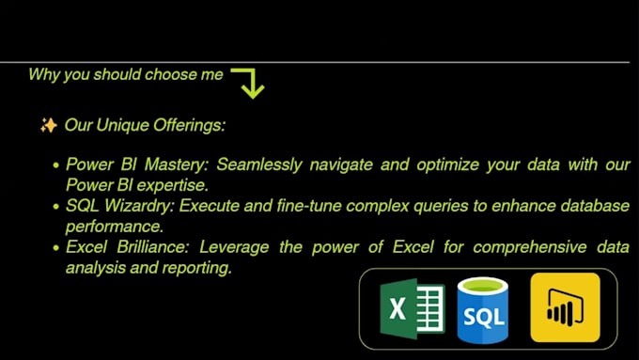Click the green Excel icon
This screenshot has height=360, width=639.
pyautogui.click(x=411, y=307)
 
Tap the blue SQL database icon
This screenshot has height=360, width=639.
pyautogui.click(x=482, y=308)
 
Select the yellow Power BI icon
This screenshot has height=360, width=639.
pyautogui.click(x=565, y=307)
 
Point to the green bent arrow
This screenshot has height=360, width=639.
pyautogui.click(x=248, y=82)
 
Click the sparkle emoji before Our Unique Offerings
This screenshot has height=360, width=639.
pyautogui.click(x=48, y=125)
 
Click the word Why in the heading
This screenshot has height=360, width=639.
pyautogui.click(x=44, y=74)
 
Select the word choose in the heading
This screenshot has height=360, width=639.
pyautogui.click(x=169, y=74)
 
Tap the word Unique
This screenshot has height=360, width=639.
pyautogui.click(x=121, y=125)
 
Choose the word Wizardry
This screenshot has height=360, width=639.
pyautogui.click(x=136, y=206)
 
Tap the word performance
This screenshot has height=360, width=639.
pyautogui.click(x=115, y=227)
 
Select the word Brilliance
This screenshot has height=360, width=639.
pyautogui.click(x=148, y=247)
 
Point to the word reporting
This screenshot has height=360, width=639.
pyautogui.click(x=198, y=268)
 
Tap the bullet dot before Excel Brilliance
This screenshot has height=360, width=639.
pyautogui.click(x=56, y=248)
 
